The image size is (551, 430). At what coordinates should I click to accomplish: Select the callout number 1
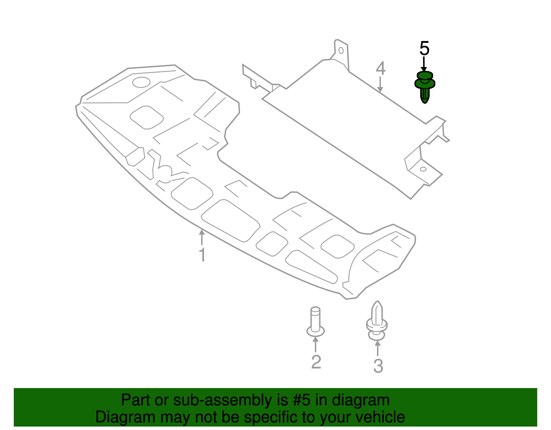202,255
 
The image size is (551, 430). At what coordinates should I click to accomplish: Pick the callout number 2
316,362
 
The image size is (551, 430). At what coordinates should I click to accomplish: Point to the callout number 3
378,366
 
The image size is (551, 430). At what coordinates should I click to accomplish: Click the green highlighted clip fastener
425,86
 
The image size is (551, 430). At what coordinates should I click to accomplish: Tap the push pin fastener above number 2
315,322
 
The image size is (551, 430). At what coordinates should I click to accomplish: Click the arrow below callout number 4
380,85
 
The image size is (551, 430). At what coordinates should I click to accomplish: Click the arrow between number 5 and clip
424,64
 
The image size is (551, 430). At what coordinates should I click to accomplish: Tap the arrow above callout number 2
315,344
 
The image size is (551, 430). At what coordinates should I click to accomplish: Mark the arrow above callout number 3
378,348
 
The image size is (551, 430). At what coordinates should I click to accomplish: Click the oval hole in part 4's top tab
341,51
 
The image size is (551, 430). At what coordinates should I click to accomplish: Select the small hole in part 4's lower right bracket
423,169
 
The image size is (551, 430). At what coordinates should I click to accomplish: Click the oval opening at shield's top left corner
141,82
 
